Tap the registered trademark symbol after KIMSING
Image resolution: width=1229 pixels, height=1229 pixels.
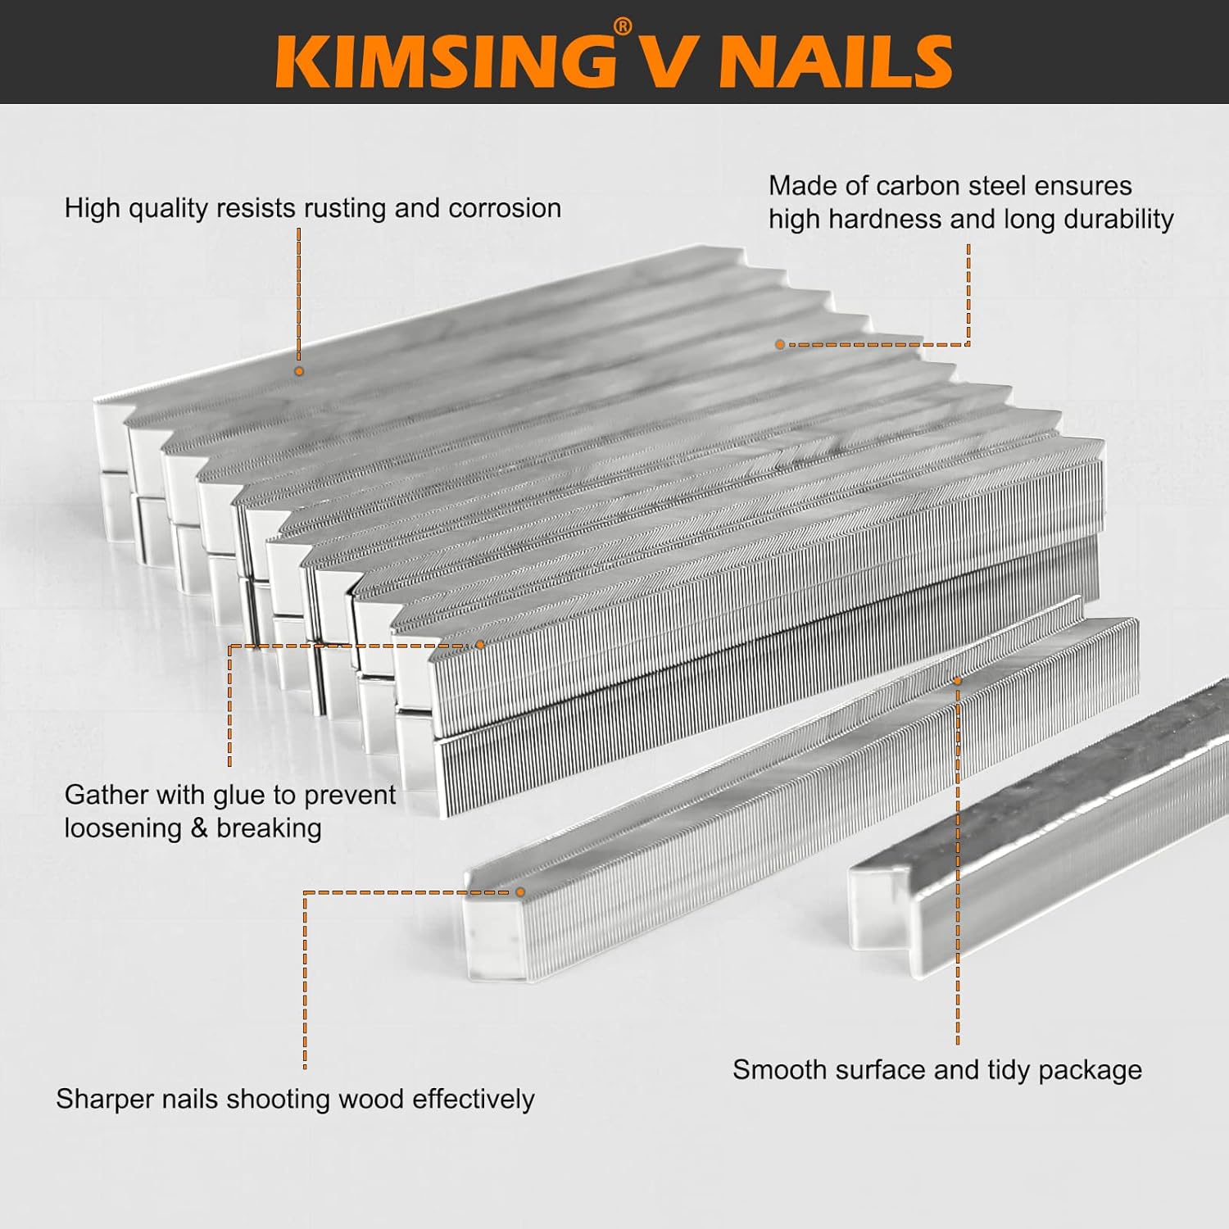click(x=623, y=28)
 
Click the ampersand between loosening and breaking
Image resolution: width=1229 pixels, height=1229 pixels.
click(x=198, y=828)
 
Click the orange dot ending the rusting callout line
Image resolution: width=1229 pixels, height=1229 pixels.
click(x=299, y=371)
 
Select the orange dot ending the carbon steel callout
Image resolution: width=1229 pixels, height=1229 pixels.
click(x=780, y=345)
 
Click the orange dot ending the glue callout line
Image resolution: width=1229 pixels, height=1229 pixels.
click(x=480, y=646)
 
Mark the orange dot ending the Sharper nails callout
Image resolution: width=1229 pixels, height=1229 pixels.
click(x=520, y=892)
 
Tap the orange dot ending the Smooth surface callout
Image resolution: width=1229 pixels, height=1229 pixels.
click(x=957, y=680)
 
